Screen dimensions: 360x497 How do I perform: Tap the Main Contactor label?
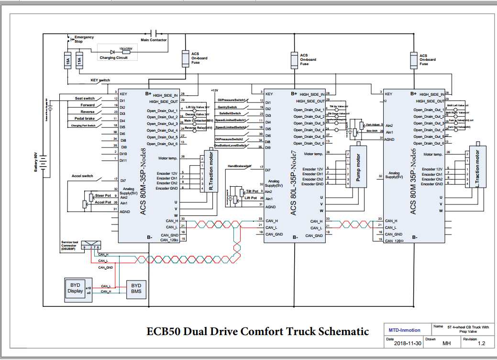154,40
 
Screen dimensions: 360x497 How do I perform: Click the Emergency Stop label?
84,39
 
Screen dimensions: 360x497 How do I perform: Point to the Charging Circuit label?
113,57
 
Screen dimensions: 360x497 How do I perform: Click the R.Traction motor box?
210,170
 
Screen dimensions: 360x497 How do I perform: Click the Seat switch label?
85,98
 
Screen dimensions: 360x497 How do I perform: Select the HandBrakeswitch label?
239,166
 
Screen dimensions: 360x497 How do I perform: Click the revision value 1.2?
481,343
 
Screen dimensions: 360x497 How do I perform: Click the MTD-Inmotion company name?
404,330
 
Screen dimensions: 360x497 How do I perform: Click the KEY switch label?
100,80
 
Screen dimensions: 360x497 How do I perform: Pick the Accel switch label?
82,176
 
